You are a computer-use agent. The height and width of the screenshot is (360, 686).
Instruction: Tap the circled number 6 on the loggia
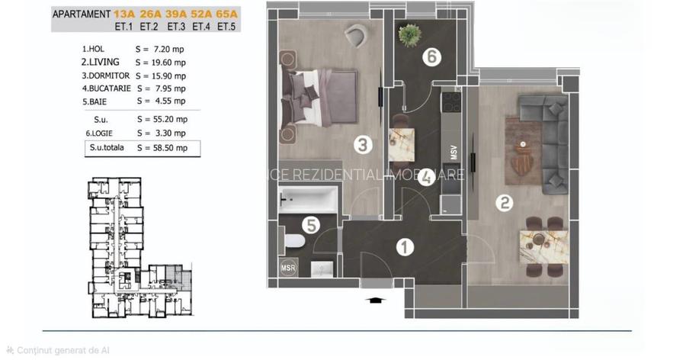pyautogui.click(x=431, y=56)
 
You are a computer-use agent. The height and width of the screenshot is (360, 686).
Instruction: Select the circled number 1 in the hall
pyautogui.click(x=406, y=246)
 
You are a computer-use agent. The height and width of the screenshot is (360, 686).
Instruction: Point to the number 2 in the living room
pyautogui.click(x=503, y=203)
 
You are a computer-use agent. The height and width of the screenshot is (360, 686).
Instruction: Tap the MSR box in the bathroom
pyautogui.click(x=288, y=268)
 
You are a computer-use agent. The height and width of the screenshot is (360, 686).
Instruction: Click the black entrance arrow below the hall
pyautogui.click(x=374, y=300)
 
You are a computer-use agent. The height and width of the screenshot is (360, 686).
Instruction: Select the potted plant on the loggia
pyautogui.click(x=409, y=34)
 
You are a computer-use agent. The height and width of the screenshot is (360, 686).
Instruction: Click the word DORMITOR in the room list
pyautogui.click(x=106, y=76)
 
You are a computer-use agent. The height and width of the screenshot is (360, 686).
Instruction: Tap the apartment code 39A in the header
pyautogui.click(x=176, y=13)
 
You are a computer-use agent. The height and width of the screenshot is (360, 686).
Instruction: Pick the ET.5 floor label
pyautogui.click(x=226, y=26)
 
